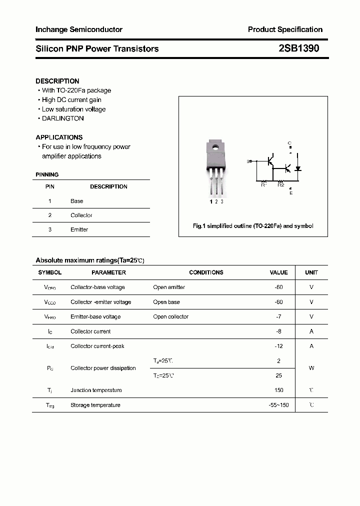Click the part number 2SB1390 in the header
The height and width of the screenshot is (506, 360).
coord(299,48)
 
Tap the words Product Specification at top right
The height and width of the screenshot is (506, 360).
coord(285,29)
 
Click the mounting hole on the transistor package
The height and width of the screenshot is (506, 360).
coord(215,147)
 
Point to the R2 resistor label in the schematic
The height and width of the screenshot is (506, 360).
coord(281,185)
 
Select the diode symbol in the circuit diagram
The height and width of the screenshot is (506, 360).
coord(298,168)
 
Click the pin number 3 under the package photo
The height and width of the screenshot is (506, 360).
coord(222,201)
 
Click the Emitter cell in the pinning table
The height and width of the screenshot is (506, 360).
coord(79,229)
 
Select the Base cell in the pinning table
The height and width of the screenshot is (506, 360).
coord(77,201)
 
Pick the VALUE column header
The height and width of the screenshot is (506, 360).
coord(278,272)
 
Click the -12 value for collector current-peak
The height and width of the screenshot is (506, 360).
coord(278,346)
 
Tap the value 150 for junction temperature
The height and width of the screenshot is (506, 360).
coord(278,390)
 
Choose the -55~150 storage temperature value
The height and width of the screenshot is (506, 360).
coord(278,405)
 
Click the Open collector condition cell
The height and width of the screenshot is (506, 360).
coord(171,316)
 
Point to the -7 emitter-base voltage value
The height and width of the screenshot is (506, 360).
coord(278,316)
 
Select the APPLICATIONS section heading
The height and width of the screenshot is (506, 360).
coord(59,137)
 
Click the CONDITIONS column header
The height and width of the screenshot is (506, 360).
coord(206,272)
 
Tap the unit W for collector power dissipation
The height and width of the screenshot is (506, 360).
coord(311,368)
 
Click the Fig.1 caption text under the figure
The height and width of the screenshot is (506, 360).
coord(253,226)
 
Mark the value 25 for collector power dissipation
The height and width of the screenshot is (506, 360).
coord(278,375)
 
